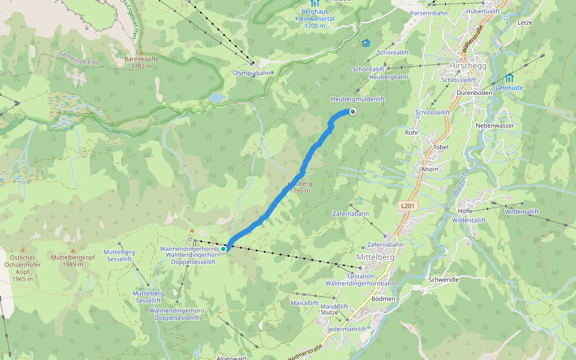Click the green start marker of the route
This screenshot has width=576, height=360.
click(223, 248)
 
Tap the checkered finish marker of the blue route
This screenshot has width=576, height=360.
click(353, 112)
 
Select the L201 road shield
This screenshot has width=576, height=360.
click(407, 206)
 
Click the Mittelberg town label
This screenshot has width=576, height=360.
click(376, 257)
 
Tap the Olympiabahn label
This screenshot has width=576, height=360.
click(251, 73)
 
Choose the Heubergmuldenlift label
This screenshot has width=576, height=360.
click(358, 98)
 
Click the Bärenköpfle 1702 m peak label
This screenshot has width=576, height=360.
click(141, 62)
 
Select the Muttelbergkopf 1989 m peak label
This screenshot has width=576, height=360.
click(73, 260)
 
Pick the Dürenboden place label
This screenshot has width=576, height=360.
click(474, 93)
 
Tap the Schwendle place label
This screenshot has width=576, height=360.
click(444, 280)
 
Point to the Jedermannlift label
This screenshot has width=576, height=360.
click(347, 329)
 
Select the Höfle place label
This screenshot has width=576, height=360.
click(465, 211)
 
